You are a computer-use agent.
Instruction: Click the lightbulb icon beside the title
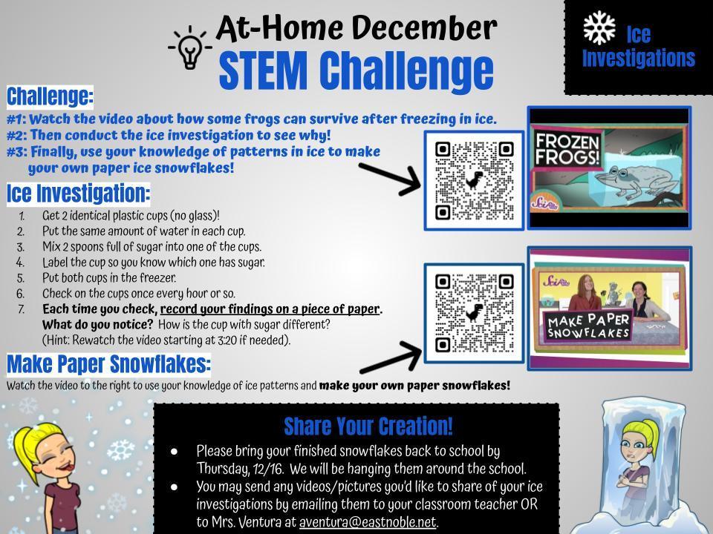(190, 47)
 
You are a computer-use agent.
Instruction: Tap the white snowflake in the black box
(599, 27)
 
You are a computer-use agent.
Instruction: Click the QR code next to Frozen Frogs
(475, 181)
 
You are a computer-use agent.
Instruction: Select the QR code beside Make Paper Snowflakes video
(475, 313)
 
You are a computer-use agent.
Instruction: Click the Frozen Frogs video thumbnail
(609, 168)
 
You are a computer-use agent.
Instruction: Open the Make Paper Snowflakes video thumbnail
(609, 309)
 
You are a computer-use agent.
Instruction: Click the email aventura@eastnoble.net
(368, 522)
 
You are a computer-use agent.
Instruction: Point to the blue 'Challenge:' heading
(50, 96)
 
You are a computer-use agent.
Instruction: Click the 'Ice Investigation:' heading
(78, 194)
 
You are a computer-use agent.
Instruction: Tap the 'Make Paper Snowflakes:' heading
(108, 364)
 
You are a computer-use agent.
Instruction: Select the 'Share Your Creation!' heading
(368, 426)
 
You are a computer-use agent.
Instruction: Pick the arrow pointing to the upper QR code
(390, 179)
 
